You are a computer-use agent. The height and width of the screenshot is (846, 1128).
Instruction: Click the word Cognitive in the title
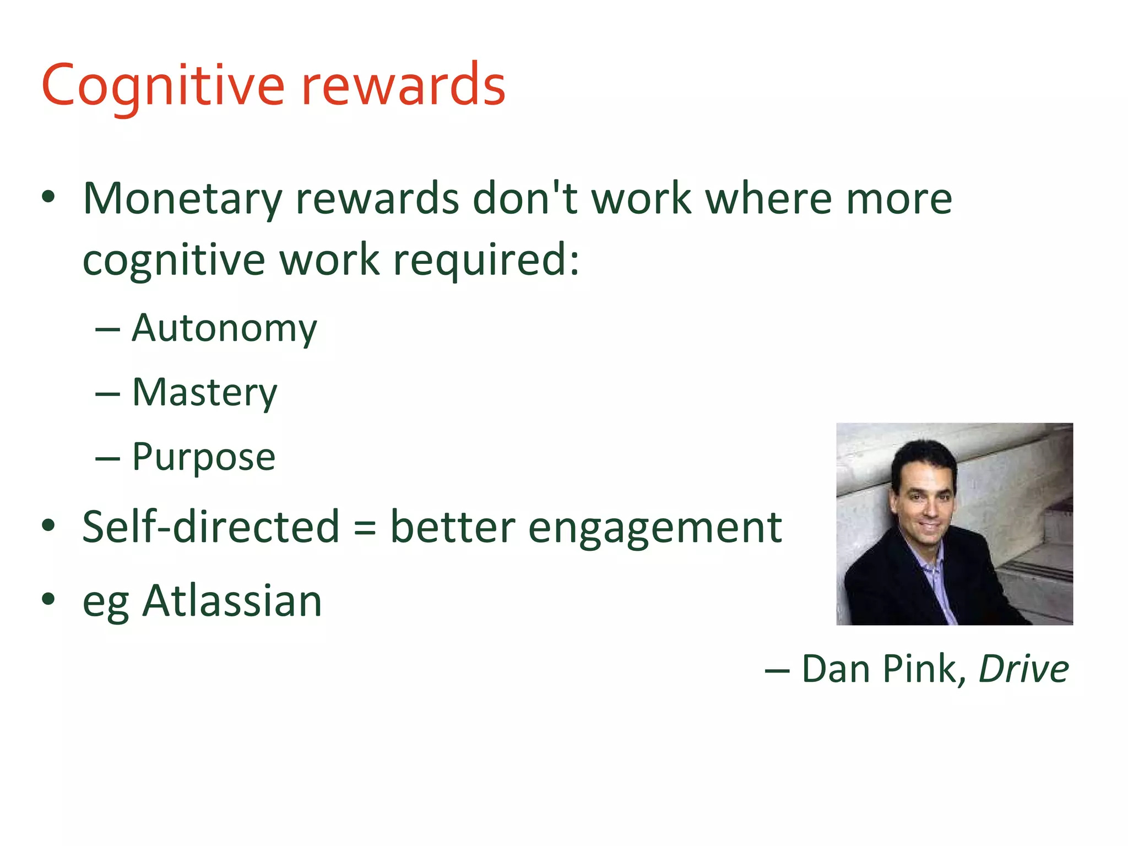tap(162, 85)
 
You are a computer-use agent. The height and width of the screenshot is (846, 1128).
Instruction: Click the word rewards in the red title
tap(403, 85)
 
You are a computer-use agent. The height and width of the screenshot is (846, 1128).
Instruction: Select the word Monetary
tap(182, 199)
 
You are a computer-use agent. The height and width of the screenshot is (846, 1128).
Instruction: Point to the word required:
tap(486, 260)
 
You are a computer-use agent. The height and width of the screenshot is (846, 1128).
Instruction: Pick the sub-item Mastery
tap(205, 393)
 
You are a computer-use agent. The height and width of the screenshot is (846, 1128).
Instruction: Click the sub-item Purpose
tap(204, 457)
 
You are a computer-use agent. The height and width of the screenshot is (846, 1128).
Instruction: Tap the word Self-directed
tap(211, 527)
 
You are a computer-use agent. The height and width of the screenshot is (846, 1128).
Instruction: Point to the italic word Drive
tap(1023, 669)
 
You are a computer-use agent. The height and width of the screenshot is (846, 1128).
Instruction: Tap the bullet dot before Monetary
tap(48, 197)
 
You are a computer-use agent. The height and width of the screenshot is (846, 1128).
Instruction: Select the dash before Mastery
tap(107, 394)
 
